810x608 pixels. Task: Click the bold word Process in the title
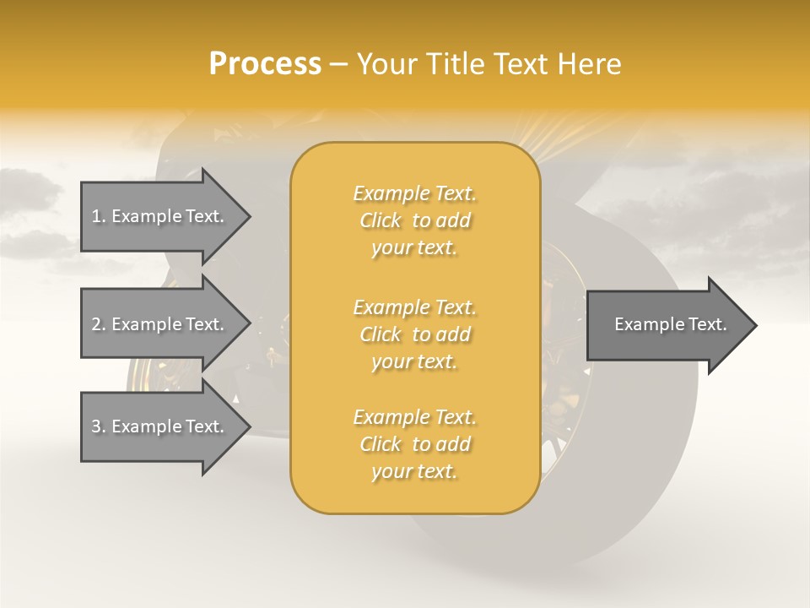pyautogui.click(x=265, y=64)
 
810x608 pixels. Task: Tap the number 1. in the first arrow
pyautogui.click(x=99, y=216)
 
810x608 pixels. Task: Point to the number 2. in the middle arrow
pyautogui.click(x=99, y=324)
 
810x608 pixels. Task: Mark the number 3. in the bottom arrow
pyautogui.click(x=99, y=426)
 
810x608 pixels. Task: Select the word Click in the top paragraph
pyautogui.click(x=381, y=220)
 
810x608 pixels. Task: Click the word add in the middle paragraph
pyautogui.click(x=454, y=334)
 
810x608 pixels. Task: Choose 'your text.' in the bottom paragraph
pyautogui.click(x=414, y=472)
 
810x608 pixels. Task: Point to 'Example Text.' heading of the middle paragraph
pyautogui.click(x=414, y=307)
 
